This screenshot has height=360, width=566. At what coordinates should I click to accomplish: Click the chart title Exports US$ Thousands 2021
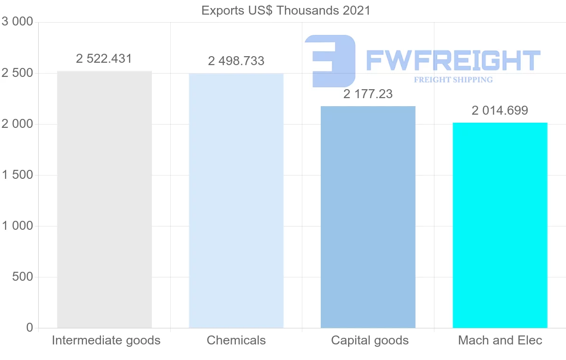point(286,10)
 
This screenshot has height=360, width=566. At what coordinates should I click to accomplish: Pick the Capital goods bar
point(368,217)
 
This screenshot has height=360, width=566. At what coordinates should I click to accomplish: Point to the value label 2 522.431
point(104,59)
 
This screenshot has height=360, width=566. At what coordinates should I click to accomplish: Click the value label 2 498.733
point(236,61)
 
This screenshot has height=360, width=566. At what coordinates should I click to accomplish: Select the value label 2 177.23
point(368,94)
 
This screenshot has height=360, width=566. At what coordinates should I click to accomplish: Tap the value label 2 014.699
point(500,110)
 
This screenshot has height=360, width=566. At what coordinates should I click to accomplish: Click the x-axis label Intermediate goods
point(106,340)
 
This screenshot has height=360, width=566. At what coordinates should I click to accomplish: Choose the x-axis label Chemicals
point(236,340)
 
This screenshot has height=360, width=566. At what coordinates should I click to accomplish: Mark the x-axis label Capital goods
point(370,340)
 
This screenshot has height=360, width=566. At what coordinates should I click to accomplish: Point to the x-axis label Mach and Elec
point(500,340)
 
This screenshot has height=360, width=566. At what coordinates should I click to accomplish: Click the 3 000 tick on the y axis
point(17,22)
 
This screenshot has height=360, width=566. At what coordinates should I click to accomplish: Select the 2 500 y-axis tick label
point(17,73)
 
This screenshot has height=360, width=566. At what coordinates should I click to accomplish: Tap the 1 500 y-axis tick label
point(17,175)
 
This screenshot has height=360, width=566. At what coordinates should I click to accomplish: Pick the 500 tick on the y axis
point(23,277)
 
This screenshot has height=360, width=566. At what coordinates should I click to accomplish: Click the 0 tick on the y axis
point(29,327)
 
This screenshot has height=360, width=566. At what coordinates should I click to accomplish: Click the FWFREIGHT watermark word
point(453,60)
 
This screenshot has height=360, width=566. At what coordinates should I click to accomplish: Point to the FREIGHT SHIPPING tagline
point(453,80)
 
